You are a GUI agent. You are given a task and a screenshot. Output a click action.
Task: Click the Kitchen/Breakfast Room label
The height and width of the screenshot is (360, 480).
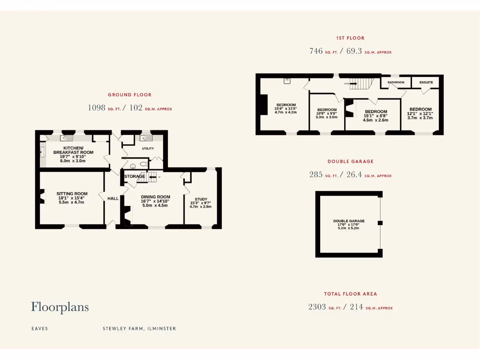[73, 152]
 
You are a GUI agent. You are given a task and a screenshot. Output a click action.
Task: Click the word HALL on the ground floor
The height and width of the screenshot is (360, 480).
[113, 199]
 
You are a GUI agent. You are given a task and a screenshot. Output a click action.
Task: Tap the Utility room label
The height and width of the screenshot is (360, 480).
[148, 149]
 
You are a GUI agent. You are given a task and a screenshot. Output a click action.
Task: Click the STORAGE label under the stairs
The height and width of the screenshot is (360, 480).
[135, 176]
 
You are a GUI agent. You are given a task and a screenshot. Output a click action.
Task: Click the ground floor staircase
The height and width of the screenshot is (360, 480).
[152, 177]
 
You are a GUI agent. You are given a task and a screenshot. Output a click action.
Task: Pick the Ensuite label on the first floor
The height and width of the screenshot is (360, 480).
[426, 82]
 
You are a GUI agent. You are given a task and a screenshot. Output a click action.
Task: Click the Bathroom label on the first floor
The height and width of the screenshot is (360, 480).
[396, 82]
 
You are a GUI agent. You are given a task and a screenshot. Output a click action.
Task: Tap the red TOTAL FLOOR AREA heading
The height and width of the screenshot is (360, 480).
[350, 294]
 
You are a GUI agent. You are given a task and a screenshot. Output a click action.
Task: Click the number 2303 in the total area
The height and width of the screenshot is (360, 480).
[317, 307]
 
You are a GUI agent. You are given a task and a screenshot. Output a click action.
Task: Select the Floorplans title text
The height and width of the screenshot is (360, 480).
[60, 307]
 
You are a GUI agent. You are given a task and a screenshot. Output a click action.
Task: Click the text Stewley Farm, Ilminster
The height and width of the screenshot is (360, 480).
[139, 329]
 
